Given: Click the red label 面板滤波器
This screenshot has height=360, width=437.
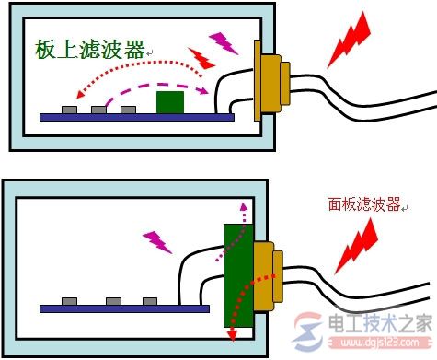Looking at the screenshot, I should pyautogui.click(x=364, y=205).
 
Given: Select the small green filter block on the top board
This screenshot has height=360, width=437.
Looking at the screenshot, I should pyautogui.click(x=168, y=102).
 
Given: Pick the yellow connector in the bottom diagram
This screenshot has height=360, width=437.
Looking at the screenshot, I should pyautogui.click(x=266, y=274).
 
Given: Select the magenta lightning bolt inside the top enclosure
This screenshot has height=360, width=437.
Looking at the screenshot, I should pyautogui.click(x=222, y=41).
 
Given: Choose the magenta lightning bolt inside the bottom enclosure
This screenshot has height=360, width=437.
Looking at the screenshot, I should pyautogui.click(x=158, y=240).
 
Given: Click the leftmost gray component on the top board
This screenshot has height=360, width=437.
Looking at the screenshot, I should pyautogui.click(x=69, y=110).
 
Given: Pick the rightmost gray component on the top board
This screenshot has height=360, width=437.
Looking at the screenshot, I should pyautogui.click(x=128, y=110).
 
